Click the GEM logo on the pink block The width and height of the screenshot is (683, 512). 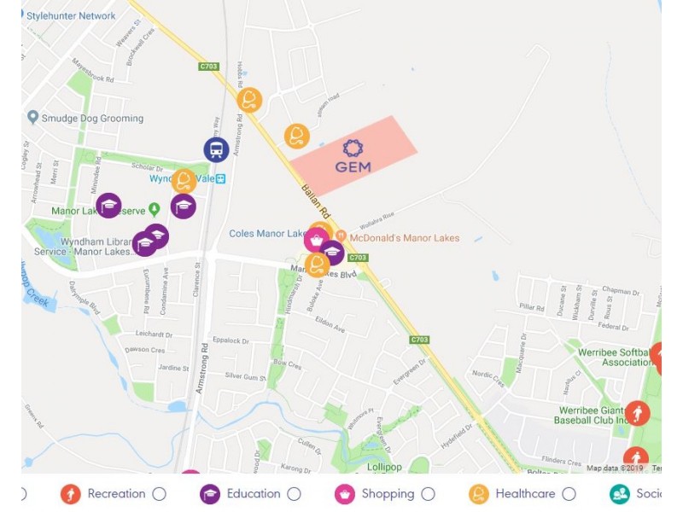(x=353, y=155)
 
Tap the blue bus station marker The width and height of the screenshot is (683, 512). (x=216, y=150)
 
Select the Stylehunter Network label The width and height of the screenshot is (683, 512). (x=71, y=15)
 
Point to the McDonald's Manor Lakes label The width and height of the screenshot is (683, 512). (x=403, y=238)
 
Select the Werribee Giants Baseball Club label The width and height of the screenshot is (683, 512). (x=603, y=416)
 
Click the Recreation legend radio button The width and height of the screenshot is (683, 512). (x=159, y=494)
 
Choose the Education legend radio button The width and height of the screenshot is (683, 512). (x=295, y=494)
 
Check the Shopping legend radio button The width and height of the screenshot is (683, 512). (x=429, y=494)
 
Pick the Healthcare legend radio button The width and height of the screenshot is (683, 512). (x=569, y=494)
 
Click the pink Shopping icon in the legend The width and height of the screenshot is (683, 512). (x=345, y=494)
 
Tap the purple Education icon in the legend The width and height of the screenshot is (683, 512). (x=210, y=494)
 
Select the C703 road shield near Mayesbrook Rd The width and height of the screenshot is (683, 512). (x=209, y=67)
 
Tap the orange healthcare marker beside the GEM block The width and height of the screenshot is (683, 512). (x=297, y=136)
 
